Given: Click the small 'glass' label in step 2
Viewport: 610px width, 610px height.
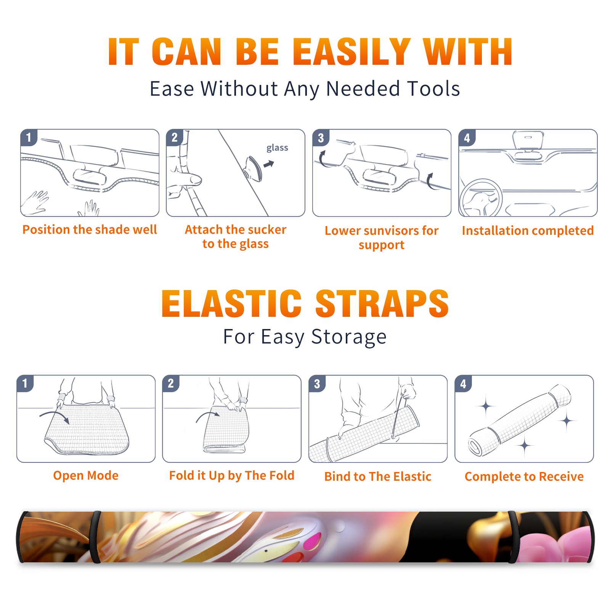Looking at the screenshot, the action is (277, 148).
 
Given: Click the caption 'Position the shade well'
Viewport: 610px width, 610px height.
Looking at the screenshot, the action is (90, 230).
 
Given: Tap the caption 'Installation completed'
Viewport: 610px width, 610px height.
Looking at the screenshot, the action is (528, 231).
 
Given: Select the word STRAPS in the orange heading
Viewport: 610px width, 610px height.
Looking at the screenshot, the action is (382, 303).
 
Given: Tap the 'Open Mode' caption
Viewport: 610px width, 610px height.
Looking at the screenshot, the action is (86, 475).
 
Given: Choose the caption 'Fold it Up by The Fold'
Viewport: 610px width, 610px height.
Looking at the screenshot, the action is (232, 475).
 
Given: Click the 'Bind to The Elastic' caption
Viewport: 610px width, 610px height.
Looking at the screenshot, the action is (378, 477).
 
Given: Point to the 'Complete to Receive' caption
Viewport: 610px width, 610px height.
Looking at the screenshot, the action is (524, 477).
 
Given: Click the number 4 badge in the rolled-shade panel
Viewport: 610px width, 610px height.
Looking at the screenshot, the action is (463, 384).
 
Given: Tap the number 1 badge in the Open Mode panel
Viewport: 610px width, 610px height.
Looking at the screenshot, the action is (25, 384).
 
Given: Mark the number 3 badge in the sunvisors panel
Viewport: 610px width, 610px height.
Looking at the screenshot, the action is (321, 138).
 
